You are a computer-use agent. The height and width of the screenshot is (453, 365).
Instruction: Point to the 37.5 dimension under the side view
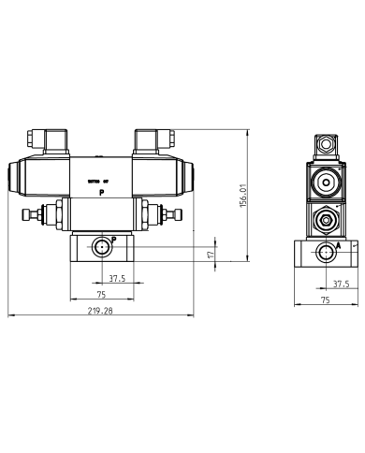[x=341, y=283]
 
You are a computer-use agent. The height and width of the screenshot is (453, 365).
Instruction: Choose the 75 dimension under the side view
[x=326, y=300]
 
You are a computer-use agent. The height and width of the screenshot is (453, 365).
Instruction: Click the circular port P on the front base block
[x=99, y=248]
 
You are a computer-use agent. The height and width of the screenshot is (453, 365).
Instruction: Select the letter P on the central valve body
[x=102, y=191]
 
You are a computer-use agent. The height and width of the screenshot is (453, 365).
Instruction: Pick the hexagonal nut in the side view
[x=325, y=222]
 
